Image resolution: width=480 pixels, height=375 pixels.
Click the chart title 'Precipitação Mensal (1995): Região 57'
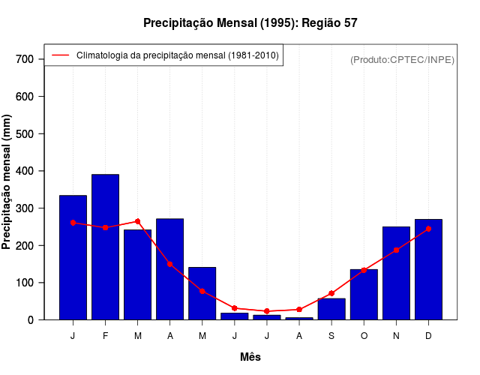pyautogui.click(x=250, y=23)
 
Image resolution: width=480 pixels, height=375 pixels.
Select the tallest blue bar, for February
pyautogui.click(x=105, y=247)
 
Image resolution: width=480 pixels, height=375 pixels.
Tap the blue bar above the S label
pyautogui.click(x=331, y=309)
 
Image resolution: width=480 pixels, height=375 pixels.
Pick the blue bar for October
pyautogui.click(x=364, y=295)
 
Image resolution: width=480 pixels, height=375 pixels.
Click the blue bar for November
pyautogui.click(x=396, y=273)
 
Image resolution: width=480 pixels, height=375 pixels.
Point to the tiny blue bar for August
pyautogui.click(x=299, y=318)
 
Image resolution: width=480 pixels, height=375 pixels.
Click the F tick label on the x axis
pyautogui.click(x=105, y=335)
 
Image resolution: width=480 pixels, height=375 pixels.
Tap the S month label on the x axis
pyautogui.click(x=331, y=335)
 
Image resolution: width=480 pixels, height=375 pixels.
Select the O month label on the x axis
pyautogui.click(x=364, y=335)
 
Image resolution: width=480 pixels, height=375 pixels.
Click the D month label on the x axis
pyautogui.click(x=428, y=335)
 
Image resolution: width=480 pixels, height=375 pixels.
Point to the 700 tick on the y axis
pyautogui.click(x=25, y=59)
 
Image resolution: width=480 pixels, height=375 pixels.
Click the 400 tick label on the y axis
pyautogui.click(x=25, y=171)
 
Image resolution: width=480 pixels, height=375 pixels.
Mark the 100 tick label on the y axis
pyautogui.click(x=25, y=283)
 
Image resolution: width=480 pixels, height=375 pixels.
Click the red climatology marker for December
pyautogui.click(x=428, y=229)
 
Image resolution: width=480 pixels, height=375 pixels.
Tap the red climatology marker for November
pyautogui.click(x=396, y=250)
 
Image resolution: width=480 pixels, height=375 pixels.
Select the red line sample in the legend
pyautogui.click(x=61, y=55)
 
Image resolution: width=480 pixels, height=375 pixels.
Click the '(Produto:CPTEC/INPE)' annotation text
pyautogui.click(x=402, y=59)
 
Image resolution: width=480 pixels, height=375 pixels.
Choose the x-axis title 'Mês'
pyautogui.click(x=250, y=357)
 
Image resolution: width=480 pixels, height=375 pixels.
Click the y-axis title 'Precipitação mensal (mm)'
pyautogui.click(x=7, y=182)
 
